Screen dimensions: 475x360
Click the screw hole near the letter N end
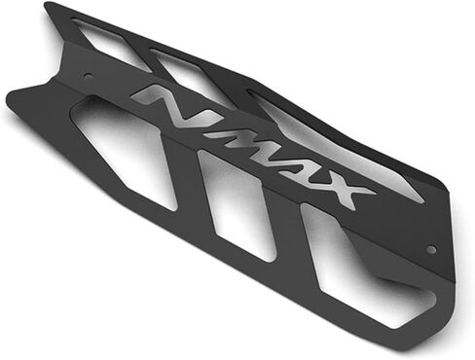(87, 75)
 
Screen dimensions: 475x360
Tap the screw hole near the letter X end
(431, 249)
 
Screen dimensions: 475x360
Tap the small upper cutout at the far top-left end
(107, 42)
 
